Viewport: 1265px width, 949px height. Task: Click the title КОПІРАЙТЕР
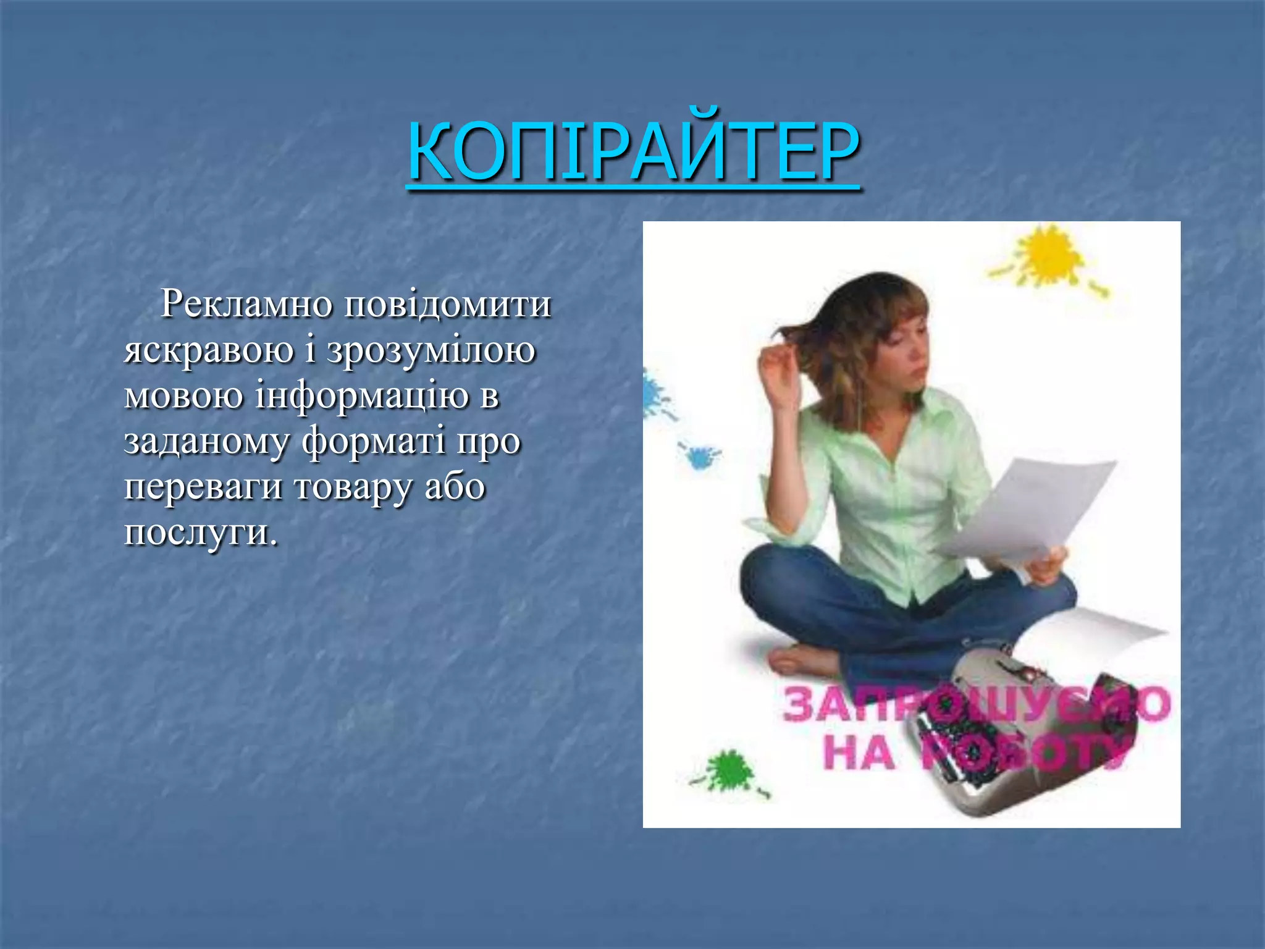point(633,151)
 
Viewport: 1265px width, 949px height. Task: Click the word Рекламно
point(246,304)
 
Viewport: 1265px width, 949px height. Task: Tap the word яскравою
point(209,350)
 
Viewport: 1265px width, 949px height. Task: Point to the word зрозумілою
point(431,350)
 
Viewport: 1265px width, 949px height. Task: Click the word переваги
point(203,486)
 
